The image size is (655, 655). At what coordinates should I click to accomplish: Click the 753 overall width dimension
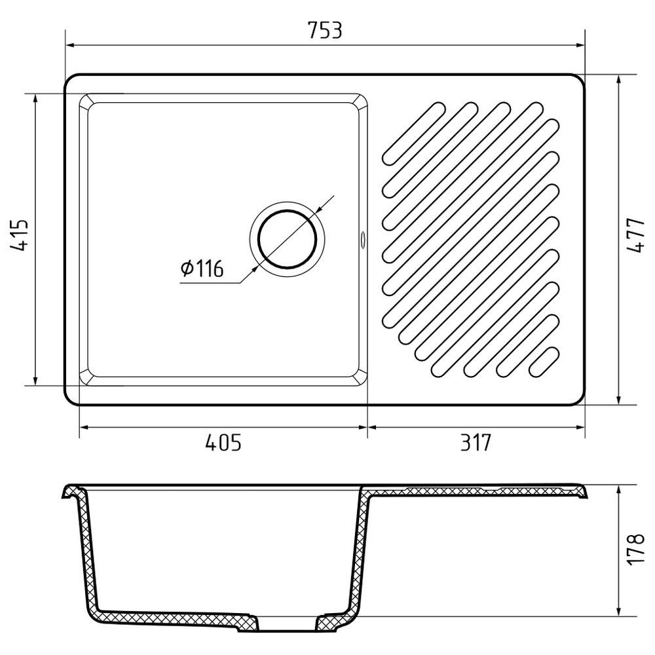[x=325, y=30]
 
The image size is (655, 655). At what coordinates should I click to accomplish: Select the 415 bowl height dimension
[x=19, y=235]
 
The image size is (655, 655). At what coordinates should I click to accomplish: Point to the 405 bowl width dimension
[x=223, y=443]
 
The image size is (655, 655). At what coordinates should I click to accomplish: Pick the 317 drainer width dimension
[x=476, y=443]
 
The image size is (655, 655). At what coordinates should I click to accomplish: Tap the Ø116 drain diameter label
[x=202, y=268]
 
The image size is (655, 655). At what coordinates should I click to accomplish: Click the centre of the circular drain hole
[x=288, y=239]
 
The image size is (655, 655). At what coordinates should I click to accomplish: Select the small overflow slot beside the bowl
[x=362, y=239]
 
